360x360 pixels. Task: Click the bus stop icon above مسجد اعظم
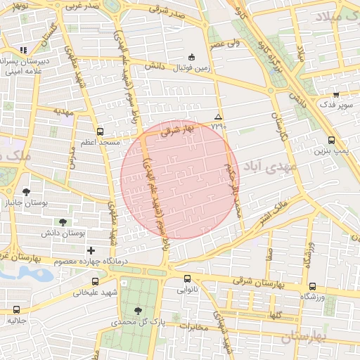(x=99, y=131)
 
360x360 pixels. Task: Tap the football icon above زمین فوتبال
(x=191, y=57)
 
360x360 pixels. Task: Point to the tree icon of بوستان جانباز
(x=27, y=191)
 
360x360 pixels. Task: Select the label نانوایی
(x=187, y=289)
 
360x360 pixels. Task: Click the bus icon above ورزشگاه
(x=313, y=286)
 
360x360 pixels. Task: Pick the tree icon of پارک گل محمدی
(x=137, y=311)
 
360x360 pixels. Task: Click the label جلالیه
(x=17, y=320)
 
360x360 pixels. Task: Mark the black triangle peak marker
(x=218, y=117)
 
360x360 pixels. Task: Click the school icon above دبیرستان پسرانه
(x=25, y=51)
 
